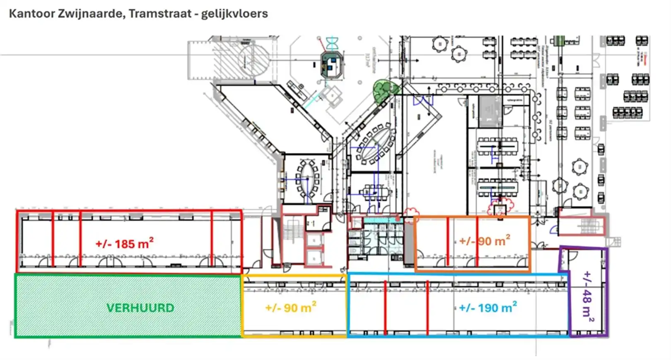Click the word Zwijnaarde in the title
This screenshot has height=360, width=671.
tap(91, 14)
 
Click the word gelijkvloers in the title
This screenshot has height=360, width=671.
tap(234, 14)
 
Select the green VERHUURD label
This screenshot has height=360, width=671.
tap(140, 308)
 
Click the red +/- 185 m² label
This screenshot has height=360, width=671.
tap(124, 244)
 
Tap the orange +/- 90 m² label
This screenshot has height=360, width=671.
tap(484, 241)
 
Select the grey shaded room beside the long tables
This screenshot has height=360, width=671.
tap(490, 111)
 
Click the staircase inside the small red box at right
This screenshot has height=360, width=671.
tap(589, 226)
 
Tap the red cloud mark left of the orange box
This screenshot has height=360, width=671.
tap(410, 213)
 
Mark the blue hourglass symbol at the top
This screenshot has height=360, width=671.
tap(332, 42)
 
